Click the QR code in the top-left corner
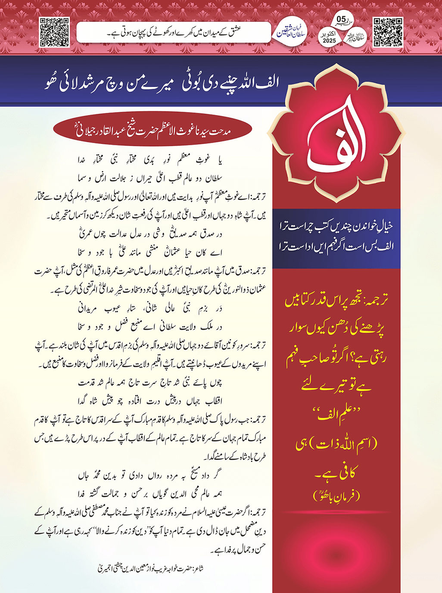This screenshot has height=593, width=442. pyautogui.click(x=54, y=32)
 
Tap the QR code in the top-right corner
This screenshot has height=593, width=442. pyautogui.click(x=388, y=32)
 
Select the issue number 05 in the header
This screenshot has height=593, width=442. pyautogui.click(x=341, y=19)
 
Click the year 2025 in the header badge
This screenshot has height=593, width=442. pyautogui.click(x=329, y=41)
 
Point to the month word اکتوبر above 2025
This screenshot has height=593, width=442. pyautogui.click(x=329, y=33)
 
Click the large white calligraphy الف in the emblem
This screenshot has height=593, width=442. pyautogui.click(x=337, y=138)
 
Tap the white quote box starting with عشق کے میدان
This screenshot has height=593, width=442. pyautogui.click(x=173, y=32)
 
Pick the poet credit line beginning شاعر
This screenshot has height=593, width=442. pyautogui.click(x=150, y=568)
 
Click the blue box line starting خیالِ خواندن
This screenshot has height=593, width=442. pyautogui.click(x=336, y=225)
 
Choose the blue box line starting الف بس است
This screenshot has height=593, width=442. pyautogui.click(x=336, y=246)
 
